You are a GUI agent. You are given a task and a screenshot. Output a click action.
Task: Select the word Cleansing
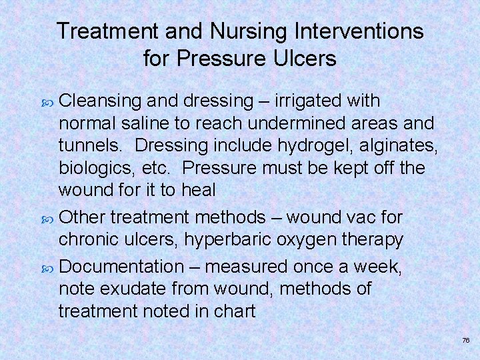(x=100, y=101)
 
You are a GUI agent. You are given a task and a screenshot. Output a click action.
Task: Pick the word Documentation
(x=121, y=267)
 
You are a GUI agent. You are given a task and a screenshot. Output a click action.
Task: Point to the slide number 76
(x=465, y=340)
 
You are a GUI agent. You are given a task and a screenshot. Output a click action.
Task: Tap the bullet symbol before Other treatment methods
(x=48, y=218)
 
